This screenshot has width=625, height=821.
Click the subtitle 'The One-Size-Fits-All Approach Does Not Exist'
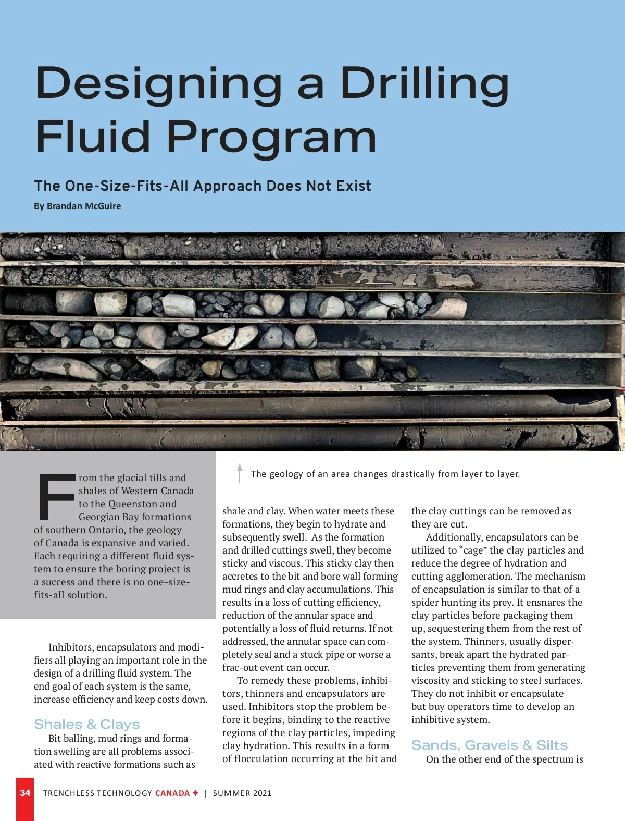[x=203, y=186]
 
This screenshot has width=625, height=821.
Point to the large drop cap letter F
[x=56, y=497]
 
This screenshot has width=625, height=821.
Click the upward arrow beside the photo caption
[x=240, y=473]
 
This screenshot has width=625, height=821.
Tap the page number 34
[x=25, y=793]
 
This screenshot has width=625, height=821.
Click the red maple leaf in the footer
[x=195, y=793]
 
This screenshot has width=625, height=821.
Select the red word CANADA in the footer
[x=172, y=793]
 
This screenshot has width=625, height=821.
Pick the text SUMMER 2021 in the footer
[x=242, y=793]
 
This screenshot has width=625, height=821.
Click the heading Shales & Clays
[x=87, y=724]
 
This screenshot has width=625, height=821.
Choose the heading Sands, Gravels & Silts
[x=490, y=745]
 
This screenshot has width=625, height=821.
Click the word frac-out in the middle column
[x=241, y=668]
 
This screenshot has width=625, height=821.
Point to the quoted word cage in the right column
[x=473, y=550]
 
